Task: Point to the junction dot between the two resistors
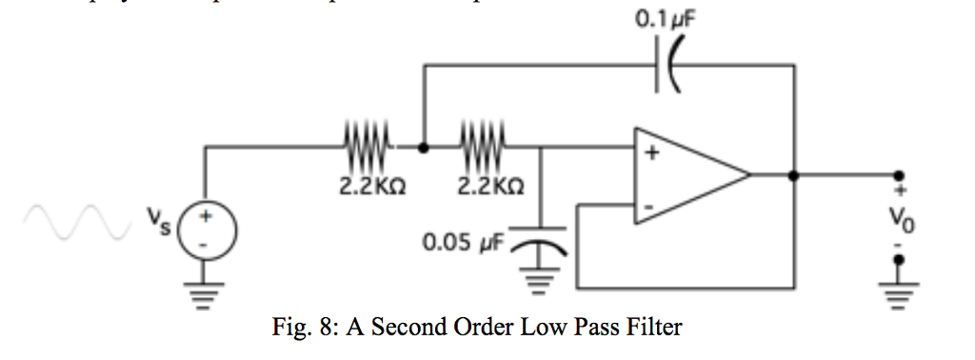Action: (424, 148)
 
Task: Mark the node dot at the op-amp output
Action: (793, 175)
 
